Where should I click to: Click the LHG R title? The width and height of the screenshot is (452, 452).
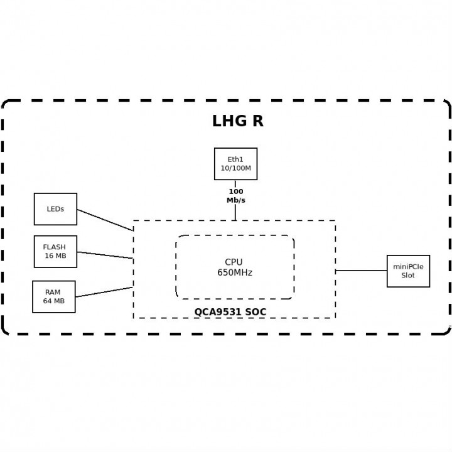(237, 121)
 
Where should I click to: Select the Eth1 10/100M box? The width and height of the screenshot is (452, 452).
(235, 164)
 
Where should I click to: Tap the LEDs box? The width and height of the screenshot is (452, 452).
(55, 209)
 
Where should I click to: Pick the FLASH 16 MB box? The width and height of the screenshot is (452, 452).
(55, 251)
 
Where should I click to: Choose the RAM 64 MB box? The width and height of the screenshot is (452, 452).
(53, 296)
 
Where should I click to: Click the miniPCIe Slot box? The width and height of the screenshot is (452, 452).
(408, 271)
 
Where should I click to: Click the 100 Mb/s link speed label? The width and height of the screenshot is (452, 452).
(236, 196)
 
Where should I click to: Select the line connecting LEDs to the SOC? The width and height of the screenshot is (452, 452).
(105, 220)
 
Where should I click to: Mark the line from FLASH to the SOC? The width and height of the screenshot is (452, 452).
(105, 255)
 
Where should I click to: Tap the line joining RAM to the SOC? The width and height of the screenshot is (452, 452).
(104, 293)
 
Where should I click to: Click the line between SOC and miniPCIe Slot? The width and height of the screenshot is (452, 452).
(361, 271)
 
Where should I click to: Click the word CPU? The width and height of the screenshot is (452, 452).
(234, 262)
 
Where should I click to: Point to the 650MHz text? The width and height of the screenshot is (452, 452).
(235, 272)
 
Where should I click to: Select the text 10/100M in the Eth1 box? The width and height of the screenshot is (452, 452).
(235, 168)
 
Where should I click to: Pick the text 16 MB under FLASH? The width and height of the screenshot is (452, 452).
(55, 256)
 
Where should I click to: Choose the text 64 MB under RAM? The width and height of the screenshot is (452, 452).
(53, 301)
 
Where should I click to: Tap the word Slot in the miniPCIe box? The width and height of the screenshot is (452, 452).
(408, 276)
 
